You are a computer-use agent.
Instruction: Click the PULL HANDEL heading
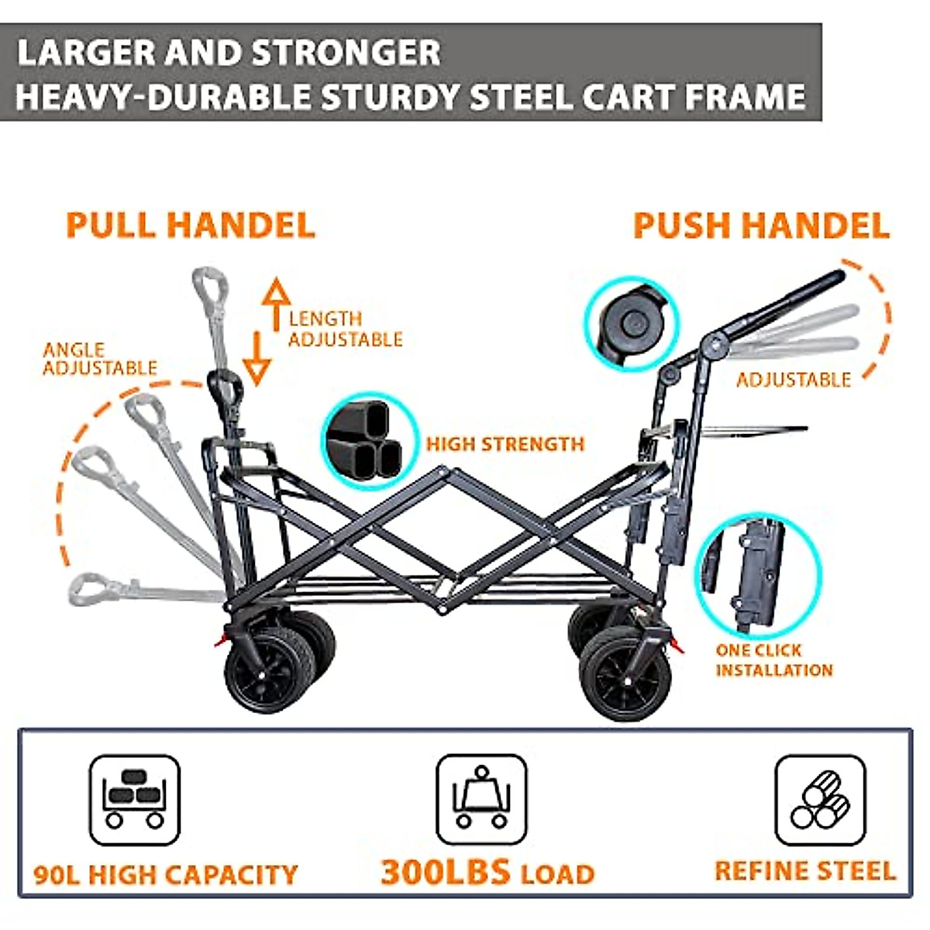pos(191,225)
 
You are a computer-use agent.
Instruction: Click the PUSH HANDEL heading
pos(761,226)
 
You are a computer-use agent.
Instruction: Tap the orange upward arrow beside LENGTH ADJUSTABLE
pos(275,305)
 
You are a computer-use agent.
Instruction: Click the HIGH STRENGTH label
pos(505,444)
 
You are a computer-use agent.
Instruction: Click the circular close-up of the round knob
pos(632,323)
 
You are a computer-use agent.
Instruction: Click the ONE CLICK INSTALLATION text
pos(773,660)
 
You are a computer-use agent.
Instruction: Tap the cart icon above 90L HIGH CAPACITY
pos(135,800)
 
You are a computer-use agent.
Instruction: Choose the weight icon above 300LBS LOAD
pos(481,799)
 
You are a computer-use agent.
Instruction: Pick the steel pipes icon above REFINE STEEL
pos(821,799)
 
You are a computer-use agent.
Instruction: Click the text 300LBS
pos(446,872)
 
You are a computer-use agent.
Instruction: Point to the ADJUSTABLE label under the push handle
pos(793,380)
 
